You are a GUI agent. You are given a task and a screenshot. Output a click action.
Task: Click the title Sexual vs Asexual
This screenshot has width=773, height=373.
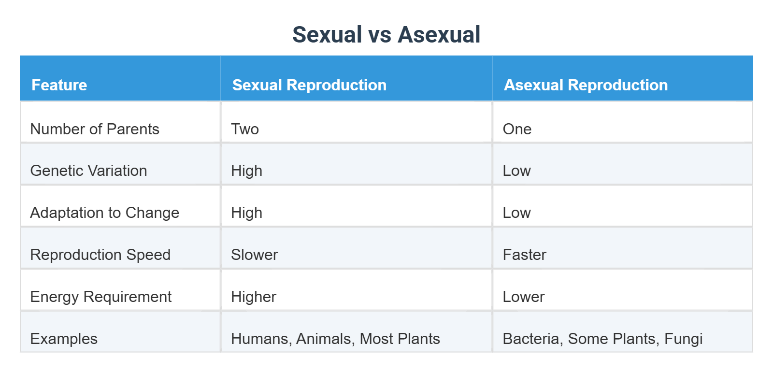(386, 35)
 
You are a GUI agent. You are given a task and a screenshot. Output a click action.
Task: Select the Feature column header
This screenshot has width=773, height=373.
(59, 85)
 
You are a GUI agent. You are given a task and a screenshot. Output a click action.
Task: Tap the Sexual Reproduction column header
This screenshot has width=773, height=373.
(309, 85)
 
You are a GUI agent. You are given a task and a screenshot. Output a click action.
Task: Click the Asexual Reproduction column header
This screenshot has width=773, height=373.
(586, 85)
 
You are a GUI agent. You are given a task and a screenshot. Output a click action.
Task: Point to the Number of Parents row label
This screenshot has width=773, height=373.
(95, 129)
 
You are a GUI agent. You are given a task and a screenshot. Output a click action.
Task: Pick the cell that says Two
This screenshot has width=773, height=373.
(245, 129)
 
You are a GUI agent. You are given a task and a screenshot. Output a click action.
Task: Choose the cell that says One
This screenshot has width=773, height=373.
(517, 129)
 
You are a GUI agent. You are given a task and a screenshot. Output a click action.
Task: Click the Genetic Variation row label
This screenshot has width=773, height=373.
(88, 171)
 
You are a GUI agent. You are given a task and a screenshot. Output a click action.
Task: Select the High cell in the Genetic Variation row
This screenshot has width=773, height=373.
(246, 171)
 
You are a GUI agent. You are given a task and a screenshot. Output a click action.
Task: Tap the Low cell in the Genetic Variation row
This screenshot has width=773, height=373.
(516, 171)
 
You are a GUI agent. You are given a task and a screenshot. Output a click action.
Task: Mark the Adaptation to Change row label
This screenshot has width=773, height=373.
(104, 213)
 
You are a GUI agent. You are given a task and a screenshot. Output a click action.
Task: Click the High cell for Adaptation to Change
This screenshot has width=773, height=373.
(246, 213)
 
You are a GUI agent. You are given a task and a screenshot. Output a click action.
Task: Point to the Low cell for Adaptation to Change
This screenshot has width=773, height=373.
(516, 213)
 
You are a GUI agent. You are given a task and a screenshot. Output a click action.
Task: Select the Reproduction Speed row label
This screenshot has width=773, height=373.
(100, 255)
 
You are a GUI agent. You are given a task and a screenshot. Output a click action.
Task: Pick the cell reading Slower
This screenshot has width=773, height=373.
(254, 255)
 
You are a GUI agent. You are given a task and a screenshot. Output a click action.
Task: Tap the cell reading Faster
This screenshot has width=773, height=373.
(524, 255)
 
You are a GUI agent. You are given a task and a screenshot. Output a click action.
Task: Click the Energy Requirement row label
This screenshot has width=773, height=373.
(100, 297)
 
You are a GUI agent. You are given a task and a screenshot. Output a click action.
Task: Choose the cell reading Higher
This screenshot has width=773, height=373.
(253, 297)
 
